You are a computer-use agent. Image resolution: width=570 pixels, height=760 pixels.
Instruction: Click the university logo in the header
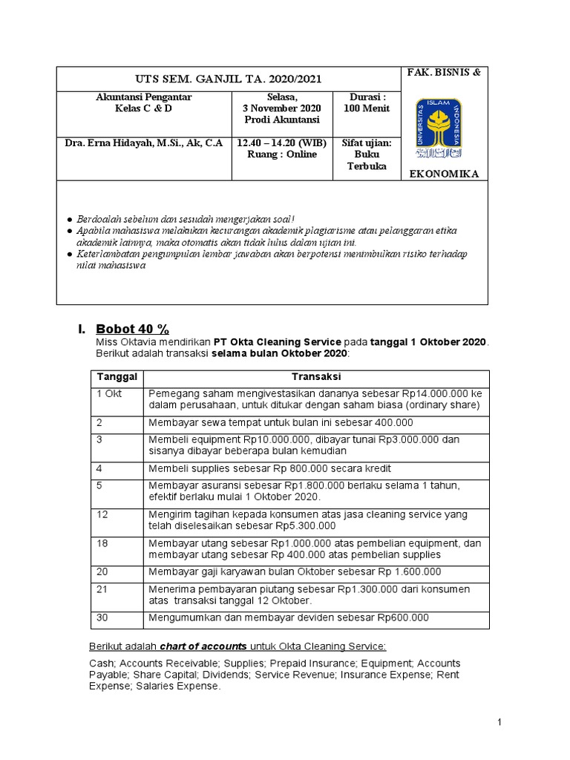438,128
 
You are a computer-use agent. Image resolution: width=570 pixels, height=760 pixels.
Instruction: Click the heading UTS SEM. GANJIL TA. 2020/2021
228,79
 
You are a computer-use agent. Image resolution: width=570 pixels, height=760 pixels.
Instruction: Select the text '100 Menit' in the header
367,108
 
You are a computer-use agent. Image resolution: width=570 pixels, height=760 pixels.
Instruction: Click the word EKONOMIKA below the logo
444,174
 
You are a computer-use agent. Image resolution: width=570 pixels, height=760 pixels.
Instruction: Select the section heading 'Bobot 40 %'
134,329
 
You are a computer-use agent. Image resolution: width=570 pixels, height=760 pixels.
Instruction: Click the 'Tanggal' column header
117,378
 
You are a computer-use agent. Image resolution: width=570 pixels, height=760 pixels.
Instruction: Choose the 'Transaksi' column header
316,378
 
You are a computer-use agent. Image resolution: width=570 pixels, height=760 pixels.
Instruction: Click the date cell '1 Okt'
109,393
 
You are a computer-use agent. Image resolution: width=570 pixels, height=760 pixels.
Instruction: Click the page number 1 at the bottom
499,721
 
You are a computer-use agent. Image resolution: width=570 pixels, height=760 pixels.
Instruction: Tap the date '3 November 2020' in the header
281,108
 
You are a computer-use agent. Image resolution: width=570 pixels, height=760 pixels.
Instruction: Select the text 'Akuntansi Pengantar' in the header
144,97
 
